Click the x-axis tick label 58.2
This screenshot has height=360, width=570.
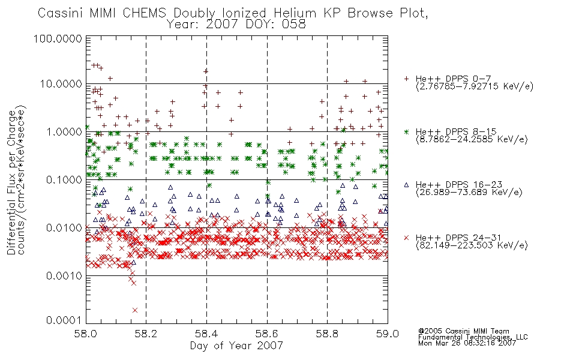(x=146, y=334)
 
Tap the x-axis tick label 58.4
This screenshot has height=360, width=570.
(x=206, y=334)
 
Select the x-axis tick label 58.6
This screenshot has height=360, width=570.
(x=267, y=334)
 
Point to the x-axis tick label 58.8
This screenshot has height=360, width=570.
(x=327, y=334)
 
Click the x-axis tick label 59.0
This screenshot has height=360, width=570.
(x=388, y=334)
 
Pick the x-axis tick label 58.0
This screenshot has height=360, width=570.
(x=86, y=334)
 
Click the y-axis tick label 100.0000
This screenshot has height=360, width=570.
(x=58, y=38)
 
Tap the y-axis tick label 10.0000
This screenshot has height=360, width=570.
(x=61, y=84)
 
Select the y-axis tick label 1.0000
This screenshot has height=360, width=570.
(x=64, y=131)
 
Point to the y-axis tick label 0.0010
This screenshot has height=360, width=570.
(x=64, y=276)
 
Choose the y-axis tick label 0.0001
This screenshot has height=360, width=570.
(x=64, y=320)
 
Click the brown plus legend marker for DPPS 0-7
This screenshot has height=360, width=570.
(x=406, y=79)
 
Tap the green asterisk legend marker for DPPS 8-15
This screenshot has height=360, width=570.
(x=406, y=131)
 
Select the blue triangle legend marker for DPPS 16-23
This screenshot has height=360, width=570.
(x=406, y=185)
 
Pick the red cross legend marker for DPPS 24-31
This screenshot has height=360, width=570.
(x=406, y=238)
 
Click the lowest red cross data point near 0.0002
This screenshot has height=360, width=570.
(x=135, y=310)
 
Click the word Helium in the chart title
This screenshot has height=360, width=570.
(x=295, y=13)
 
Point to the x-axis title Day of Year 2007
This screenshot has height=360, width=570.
(x=236, y=345)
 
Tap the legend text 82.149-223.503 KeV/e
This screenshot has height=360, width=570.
(x=472, y=246)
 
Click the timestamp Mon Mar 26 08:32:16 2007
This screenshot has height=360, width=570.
(x=467, y=343)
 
